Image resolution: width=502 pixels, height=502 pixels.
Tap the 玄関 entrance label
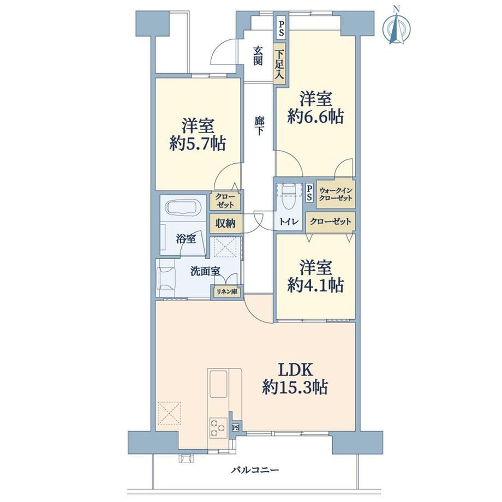coord(258,56)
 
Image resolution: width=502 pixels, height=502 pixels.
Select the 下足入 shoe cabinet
coord(279,64)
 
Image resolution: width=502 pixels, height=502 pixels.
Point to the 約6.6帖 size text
coord(316,116)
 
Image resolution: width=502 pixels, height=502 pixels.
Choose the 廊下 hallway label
coord(259,126)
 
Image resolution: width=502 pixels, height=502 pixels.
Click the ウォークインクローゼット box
coord(336,194)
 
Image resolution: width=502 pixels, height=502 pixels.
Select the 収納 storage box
coord(226,223)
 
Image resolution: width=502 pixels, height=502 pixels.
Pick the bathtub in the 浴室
coord(184,208)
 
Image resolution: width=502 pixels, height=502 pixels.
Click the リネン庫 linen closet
coord(227,292)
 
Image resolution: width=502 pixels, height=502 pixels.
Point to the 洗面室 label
coord(205,272)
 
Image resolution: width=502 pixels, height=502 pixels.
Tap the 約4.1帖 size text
coord(316,285)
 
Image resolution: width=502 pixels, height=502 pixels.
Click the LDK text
coord(295,370)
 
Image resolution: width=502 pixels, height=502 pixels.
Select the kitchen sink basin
coord(218,384)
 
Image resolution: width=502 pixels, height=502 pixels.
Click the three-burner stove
coord(218,428)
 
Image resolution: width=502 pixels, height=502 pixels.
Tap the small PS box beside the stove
coord(236,427)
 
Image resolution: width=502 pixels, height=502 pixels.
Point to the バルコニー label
coord(255,470)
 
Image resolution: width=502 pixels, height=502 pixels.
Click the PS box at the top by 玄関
coord(281,28)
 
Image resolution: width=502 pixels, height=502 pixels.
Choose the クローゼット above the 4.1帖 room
coord(331,222)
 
